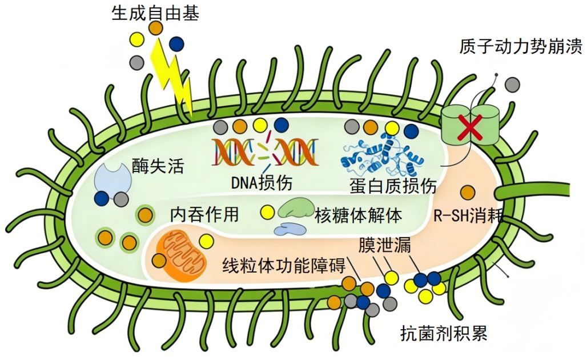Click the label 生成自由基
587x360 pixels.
coord(155,13)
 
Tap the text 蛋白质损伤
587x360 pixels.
coord(393,186)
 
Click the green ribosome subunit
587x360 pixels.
coord(296,209)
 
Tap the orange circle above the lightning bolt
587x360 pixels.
coord(155,27)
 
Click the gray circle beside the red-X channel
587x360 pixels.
coord(512,84)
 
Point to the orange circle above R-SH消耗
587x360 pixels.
coord(468,193)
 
